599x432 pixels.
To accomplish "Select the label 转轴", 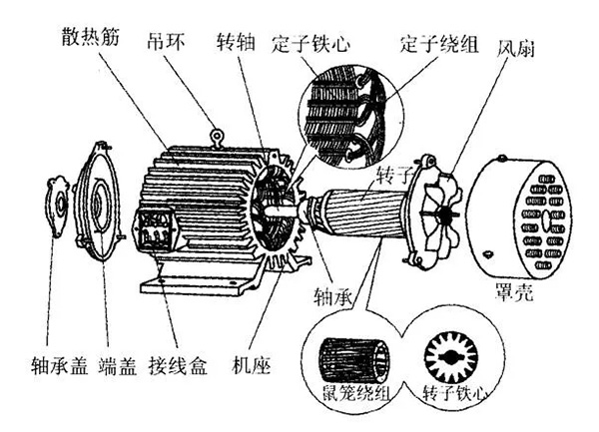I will coord(239,44).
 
